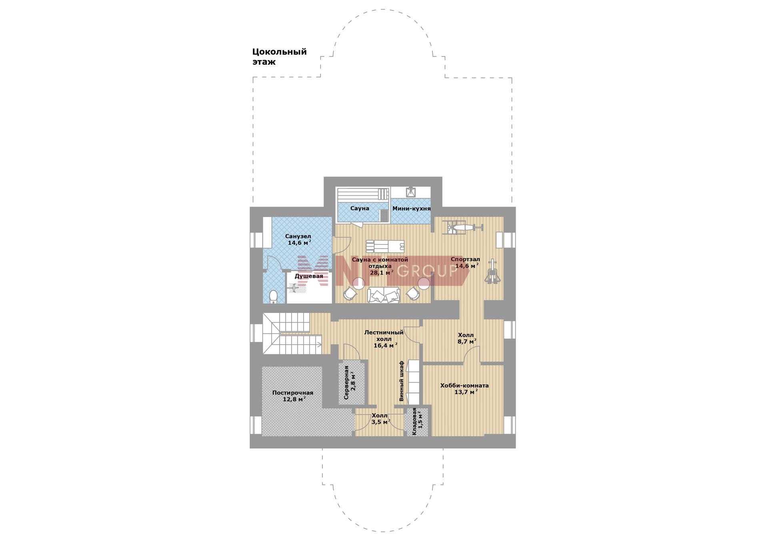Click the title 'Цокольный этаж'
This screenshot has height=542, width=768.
(279, 57)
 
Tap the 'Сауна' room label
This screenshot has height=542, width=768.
(360, 208)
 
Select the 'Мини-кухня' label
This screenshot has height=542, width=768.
(411, 209)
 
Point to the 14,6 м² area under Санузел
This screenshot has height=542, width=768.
(299, 243)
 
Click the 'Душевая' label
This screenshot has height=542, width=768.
(309, 276)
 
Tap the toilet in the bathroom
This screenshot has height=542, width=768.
(274, 297)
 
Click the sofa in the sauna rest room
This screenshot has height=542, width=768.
(384, 295)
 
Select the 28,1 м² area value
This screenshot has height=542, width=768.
(381, 273)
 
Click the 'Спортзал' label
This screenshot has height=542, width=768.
(465, 259)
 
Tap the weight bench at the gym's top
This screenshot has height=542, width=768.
(463, 227)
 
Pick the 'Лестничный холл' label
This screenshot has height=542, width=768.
(384, 335)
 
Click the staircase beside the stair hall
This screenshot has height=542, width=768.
(292, 333)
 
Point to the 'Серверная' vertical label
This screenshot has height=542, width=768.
(346, 383)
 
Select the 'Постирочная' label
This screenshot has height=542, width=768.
(293, 393)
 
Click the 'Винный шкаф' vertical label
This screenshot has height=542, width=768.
(402, 381)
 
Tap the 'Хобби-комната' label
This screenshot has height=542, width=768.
(464, 386)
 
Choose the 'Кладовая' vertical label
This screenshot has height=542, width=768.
(414, 422)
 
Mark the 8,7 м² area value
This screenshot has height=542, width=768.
(467, 342)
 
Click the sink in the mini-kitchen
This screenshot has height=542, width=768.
(411, 192)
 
